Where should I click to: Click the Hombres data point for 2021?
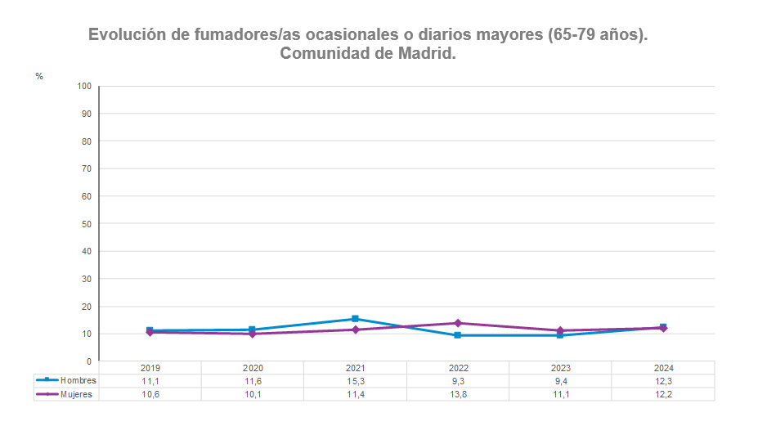(x=355, y=319)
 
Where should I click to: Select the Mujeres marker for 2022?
(x=458, y=323)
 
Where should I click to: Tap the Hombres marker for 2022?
(x=458, y=335)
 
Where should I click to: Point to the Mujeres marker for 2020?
(x=252, y=334)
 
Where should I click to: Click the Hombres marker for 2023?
(x=560, y=335)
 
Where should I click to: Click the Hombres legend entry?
(x=66, y=380)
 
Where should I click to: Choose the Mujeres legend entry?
(x=66, y=394)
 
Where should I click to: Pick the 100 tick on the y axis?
(x=84, y=86)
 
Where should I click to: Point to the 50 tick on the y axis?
(x=86, y=223)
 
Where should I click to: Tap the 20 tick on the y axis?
(x=86, y=306)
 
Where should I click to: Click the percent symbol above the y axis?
(x=38, y=76)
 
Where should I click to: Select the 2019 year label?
(x=150, y=368)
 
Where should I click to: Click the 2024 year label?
(x=663, y=368)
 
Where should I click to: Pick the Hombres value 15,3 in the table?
(x=355, y=381)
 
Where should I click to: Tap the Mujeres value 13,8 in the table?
(x=458, y=394)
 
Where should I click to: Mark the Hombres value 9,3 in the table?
(x=458, y=381)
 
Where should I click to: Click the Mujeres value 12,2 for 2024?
(x=663, y=394)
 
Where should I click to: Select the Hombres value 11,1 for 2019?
(x=150, y=381)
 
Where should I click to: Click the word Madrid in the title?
(x=424, y=54)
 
